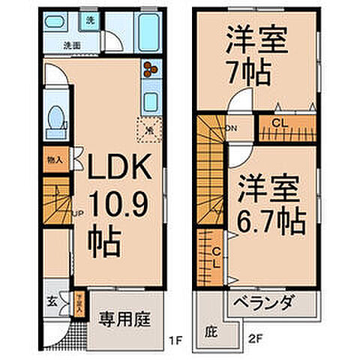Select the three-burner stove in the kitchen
150,68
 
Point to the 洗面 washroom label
72,46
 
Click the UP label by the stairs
76,214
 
